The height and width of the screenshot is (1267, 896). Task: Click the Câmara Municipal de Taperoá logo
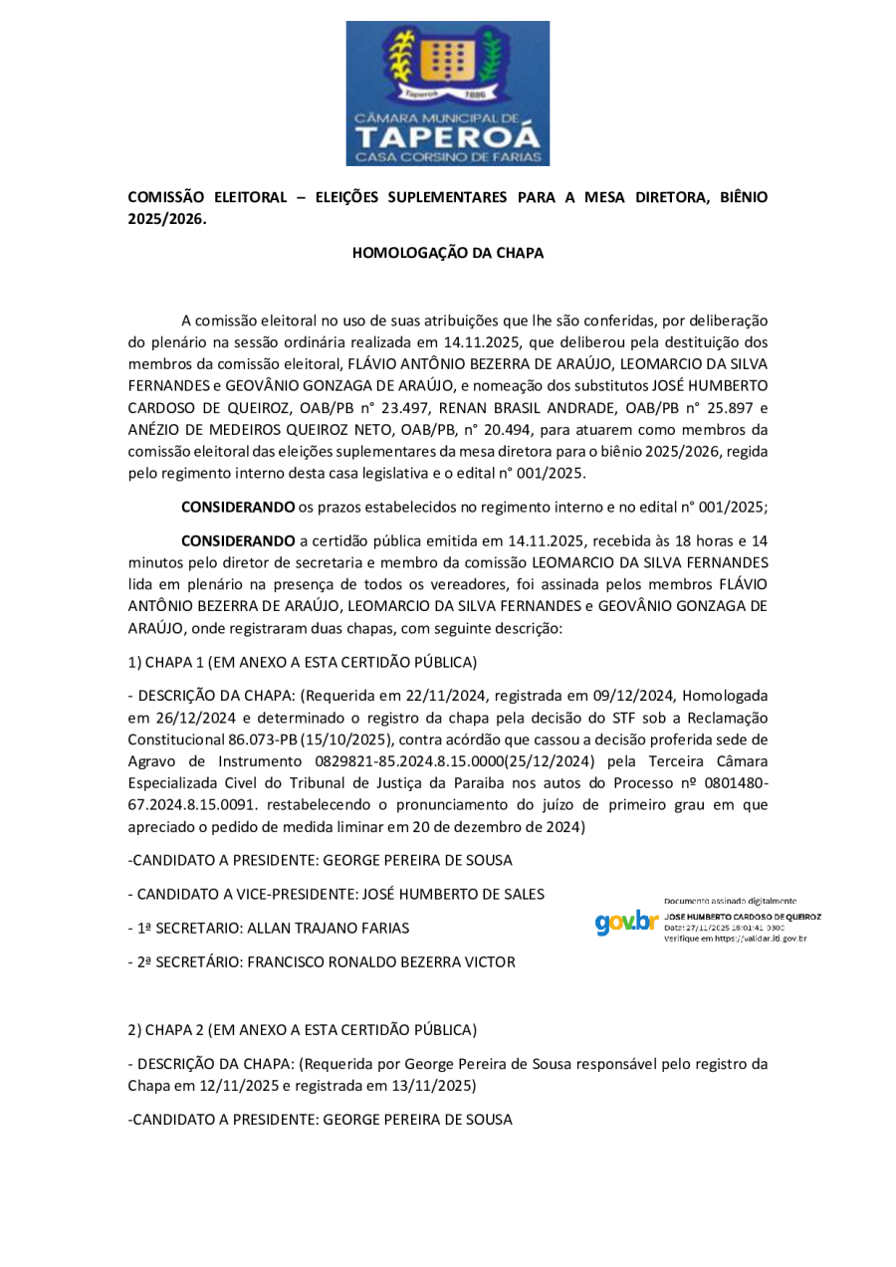click(448, 93)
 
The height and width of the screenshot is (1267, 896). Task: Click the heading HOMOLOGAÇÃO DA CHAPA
click(448, 253)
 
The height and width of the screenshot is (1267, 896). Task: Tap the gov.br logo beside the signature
click(626, 923)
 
